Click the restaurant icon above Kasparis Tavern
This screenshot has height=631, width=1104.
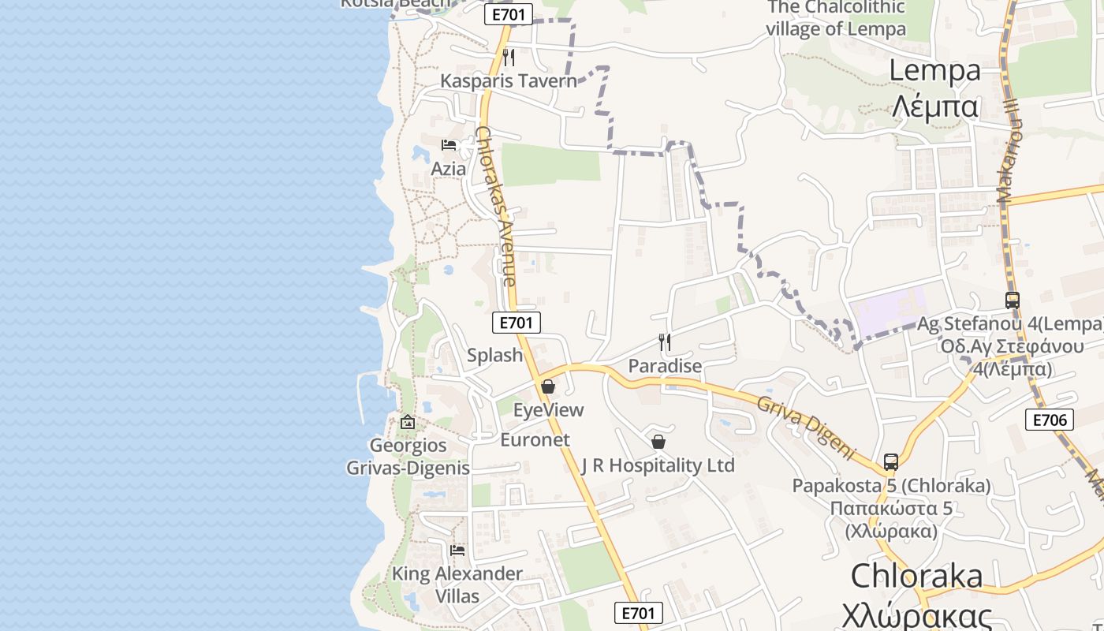pos(509,57)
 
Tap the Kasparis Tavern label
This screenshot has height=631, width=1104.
pos(509,80)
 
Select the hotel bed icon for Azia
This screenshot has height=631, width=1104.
pos(449,145)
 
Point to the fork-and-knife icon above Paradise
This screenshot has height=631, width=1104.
pos(665,342)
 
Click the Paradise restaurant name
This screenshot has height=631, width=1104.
pos(665,366)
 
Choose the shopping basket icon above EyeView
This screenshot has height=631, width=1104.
pos(548,386)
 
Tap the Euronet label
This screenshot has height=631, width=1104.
pos(535,440)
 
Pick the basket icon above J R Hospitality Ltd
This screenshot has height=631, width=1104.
pos(658,442)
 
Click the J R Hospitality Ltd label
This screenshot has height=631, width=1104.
pos(658,465)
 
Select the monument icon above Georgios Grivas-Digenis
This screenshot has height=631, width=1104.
pos(408,422)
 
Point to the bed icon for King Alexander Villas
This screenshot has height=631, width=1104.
pos(457,551)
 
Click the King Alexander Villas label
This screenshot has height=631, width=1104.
pos(457,584)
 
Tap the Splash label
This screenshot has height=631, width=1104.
pos(495,355)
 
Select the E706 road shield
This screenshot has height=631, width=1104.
pos(1050,420)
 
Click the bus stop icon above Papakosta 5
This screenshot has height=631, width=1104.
pos(891,462)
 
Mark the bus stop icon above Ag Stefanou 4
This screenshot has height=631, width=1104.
pos(1013,301)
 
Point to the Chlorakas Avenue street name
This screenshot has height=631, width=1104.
pos(497,207)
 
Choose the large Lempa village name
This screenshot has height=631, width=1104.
pos(935,87)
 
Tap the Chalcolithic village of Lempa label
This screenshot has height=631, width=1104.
pos(836,18)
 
